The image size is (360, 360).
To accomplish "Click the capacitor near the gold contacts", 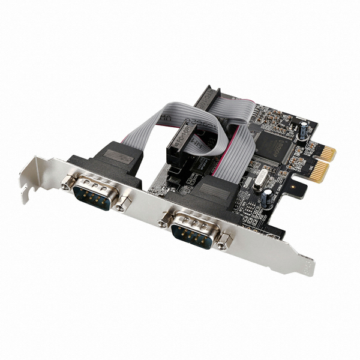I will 305,130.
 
